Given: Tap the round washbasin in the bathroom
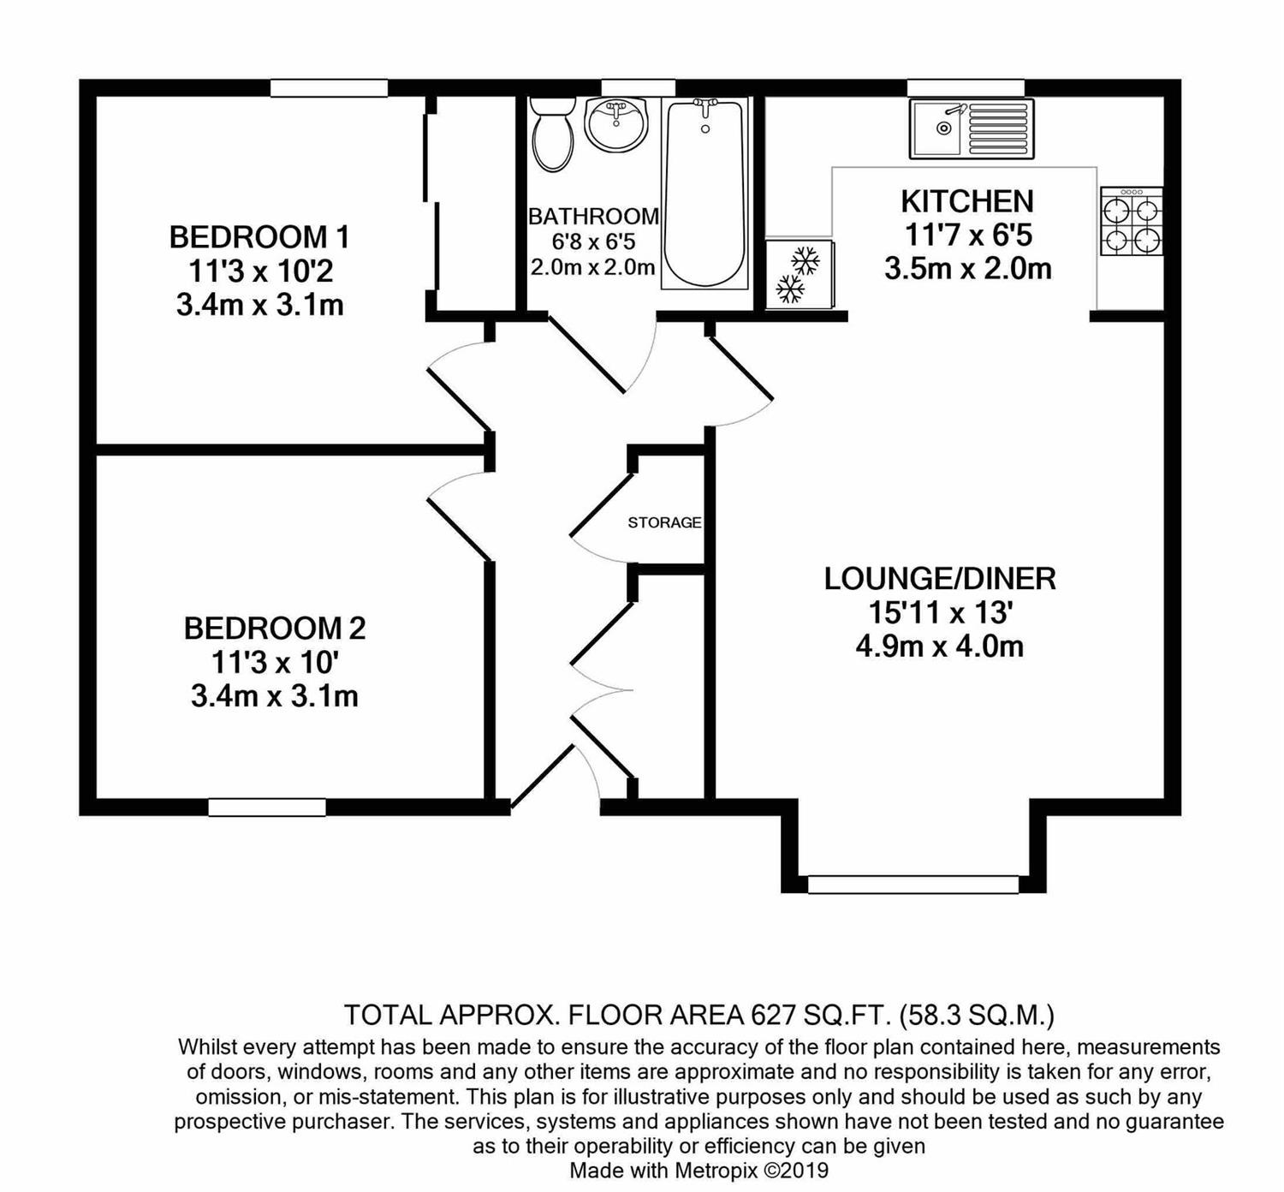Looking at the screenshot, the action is point(616,123).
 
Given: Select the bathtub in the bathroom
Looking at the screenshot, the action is point(704,194).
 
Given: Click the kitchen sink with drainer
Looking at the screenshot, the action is point(972,128).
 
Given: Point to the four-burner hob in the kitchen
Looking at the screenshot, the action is point(1132,221).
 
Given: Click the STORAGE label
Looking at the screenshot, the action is point(664,522).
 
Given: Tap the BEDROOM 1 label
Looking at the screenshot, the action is point(259,236).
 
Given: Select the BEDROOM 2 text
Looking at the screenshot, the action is point(275,628).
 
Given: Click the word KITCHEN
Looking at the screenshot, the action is point(968,201).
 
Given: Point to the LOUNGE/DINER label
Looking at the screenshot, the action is point(940,578).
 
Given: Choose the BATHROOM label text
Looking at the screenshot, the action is point(593,216).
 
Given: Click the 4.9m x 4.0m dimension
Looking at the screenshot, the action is point(940,647).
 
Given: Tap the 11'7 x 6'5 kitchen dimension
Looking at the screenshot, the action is point(968,235).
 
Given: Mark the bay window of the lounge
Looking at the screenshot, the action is point(912,885).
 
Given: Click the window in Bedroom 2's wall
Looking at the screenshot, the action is point(267,808).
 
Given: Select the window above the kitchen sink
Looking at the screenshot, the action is point(966,88).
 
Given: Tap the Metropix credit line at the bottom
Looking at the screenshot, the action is point(698,1170).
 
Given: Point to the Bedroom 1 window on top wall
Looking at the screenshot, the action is point(329,88).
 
